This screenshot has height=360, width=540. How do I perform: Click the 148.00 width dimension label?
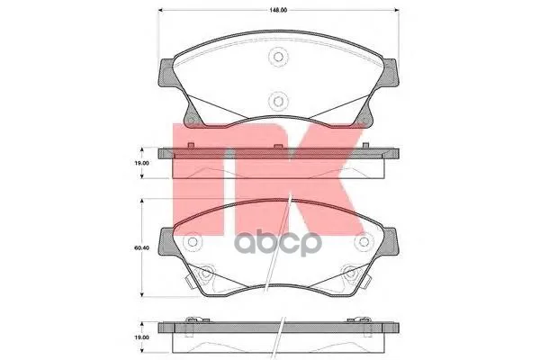(278, 10)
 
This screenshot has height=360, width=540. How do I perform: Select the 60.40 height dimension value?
(141, 247)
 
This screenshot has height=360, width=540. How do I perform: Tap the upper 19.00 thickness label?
(141, 163)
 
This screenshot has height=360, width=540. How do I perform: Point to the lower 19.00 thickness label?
(141, 337)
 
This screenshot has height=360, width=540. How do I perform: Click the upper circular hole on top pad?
(278, 57)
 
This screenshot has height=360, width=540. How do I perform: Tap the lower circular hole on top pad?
(278, 102)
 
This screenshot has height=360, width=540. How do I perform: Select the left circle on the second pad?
(193, 241)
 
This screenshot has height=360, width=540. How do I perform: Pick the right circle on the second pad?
(364, 241)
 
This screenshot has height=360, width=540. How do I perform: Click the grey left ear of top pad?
(166, 73)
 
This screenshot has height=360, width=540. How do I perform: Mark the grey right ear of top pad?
(391, 72)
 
